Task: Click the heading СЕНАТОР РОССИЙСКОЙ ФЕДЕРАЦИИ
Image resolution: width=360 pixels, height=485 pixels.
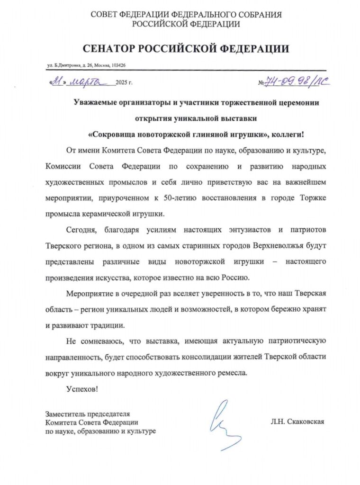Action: point(186,48)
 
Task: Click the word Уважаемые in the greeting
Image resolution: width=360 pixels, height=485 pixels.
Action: point(95,102)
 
